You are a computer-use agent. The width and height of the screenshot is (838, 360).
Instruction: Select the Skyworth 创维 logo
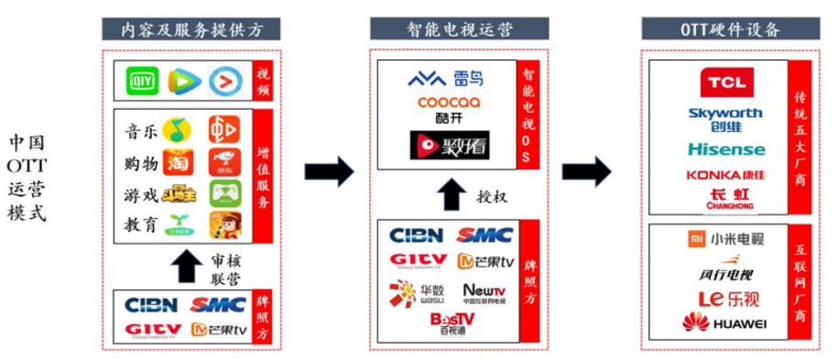tap(725, 119)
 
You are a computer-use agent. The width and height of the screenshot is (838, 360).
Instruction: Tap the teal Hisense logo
tap(725, 149)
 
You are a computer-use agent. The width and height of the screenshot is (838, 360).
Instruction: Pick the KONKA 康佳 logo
tap(725, 174)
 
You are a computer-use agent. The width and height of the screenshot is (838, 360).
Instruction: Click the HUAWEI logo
tap(724, 322)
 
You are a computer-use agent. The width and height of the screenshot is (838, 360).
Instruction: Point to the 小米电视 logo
tap(725, 240)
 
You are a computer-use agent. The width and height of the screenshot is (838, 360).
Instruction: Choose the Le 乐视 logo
tap(724, 297)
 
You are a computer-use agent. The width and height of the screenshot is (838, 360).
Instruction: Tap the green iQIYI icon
tap(142, 82)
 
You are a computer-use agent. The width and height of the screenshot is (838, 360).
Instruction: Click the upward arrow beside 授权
tap(449, 195)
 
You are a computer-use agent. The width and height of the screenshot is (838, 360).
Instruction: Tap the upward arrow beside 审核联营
tap(187, 267)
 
